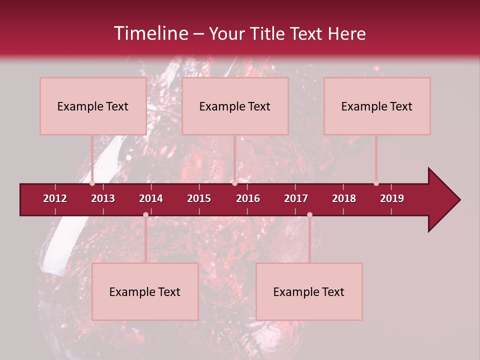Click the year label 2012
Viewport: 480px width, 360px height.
click(x=55, y=198)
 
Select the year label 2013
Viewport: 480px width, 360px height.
click(x=103, y=198)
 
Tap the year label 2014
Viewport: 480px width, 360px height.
click(x=151, y=198)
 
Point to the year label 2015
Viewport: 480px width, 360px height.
click(x=199, y=198)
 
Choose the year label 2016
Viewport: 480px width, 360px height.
click(x=248, y=198)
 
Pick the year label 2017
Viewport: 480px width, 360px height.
click(x=296, y=198)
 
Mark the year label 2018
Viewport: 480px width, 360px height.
click(x=344, y=198)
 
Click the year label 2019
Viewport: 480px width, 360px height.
click(x=392, y=198)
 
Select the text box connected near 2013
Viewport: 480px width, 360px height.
click(x=93, y=106)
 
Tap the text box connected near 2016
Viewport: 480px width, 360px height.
click(x=235, y=106)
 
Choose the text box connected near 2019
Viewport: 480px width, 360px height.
click(x=377, y=106)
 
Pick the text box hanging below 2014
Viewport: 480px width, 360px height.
click(x=145, y=291)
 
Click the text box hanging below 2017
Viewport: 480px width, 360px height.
click(x=309, y=291)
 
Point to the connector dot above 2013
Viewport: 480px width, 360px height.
click(x=92, y=183)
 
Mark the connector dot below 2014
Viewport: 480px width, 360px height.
click(x=145, y=214)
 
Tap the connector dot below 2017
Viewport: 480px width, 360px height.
click(x=309, y=214)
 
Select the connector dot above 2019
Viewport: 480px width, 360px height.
click(x=376, y=183)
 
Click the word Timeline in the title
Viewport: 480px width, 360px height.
click(x=150, y=33)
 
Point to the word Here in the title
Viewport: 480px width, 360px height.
click(x=346, y=33)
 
